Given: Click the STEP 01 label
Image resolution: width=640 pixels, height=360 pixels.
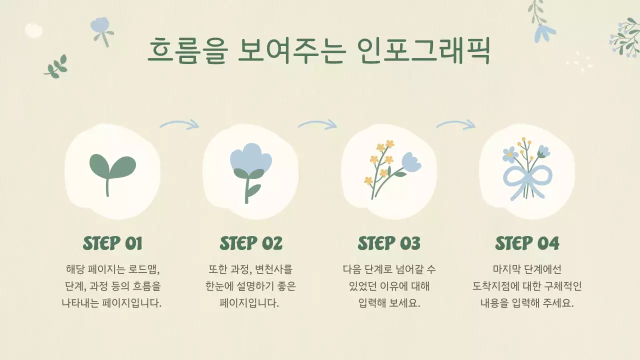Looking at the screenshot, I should tap(112, 243).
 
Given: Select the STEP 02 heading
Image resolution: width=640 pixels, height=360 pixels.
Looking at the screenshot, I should tap(251, 243).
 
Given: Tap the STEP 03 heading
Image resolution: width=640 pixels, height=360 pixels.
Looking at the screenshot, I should tap(389, 243).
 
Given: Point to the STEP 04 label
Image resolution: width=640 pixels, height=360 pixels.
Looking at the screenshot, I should tap(527, 243).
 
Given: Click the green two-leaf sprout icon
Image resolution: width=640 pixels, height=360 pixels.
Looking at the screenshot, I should tap(112, 170).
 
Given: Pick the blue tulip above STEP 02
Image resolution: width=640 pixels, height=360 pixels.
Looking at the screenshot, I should tap(250, 159).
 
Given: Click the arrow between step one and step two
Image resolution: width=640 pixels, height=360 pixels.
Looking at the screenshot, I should tap(179, 124).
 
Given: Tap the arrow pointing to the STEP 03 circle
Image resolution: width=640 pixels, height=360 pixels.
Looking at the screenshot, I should tap(317, 124).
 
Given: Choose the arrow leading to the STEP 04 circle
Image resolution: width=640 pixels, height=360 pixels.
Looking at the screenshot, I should tap(455, 124).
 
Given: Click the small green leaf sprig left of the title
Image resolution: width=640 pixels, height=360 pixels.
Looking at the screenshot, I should tap(55, 66).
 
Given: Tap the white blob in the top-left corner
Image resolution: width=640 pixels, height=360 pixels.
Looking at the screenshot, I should tap(33, 30).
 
